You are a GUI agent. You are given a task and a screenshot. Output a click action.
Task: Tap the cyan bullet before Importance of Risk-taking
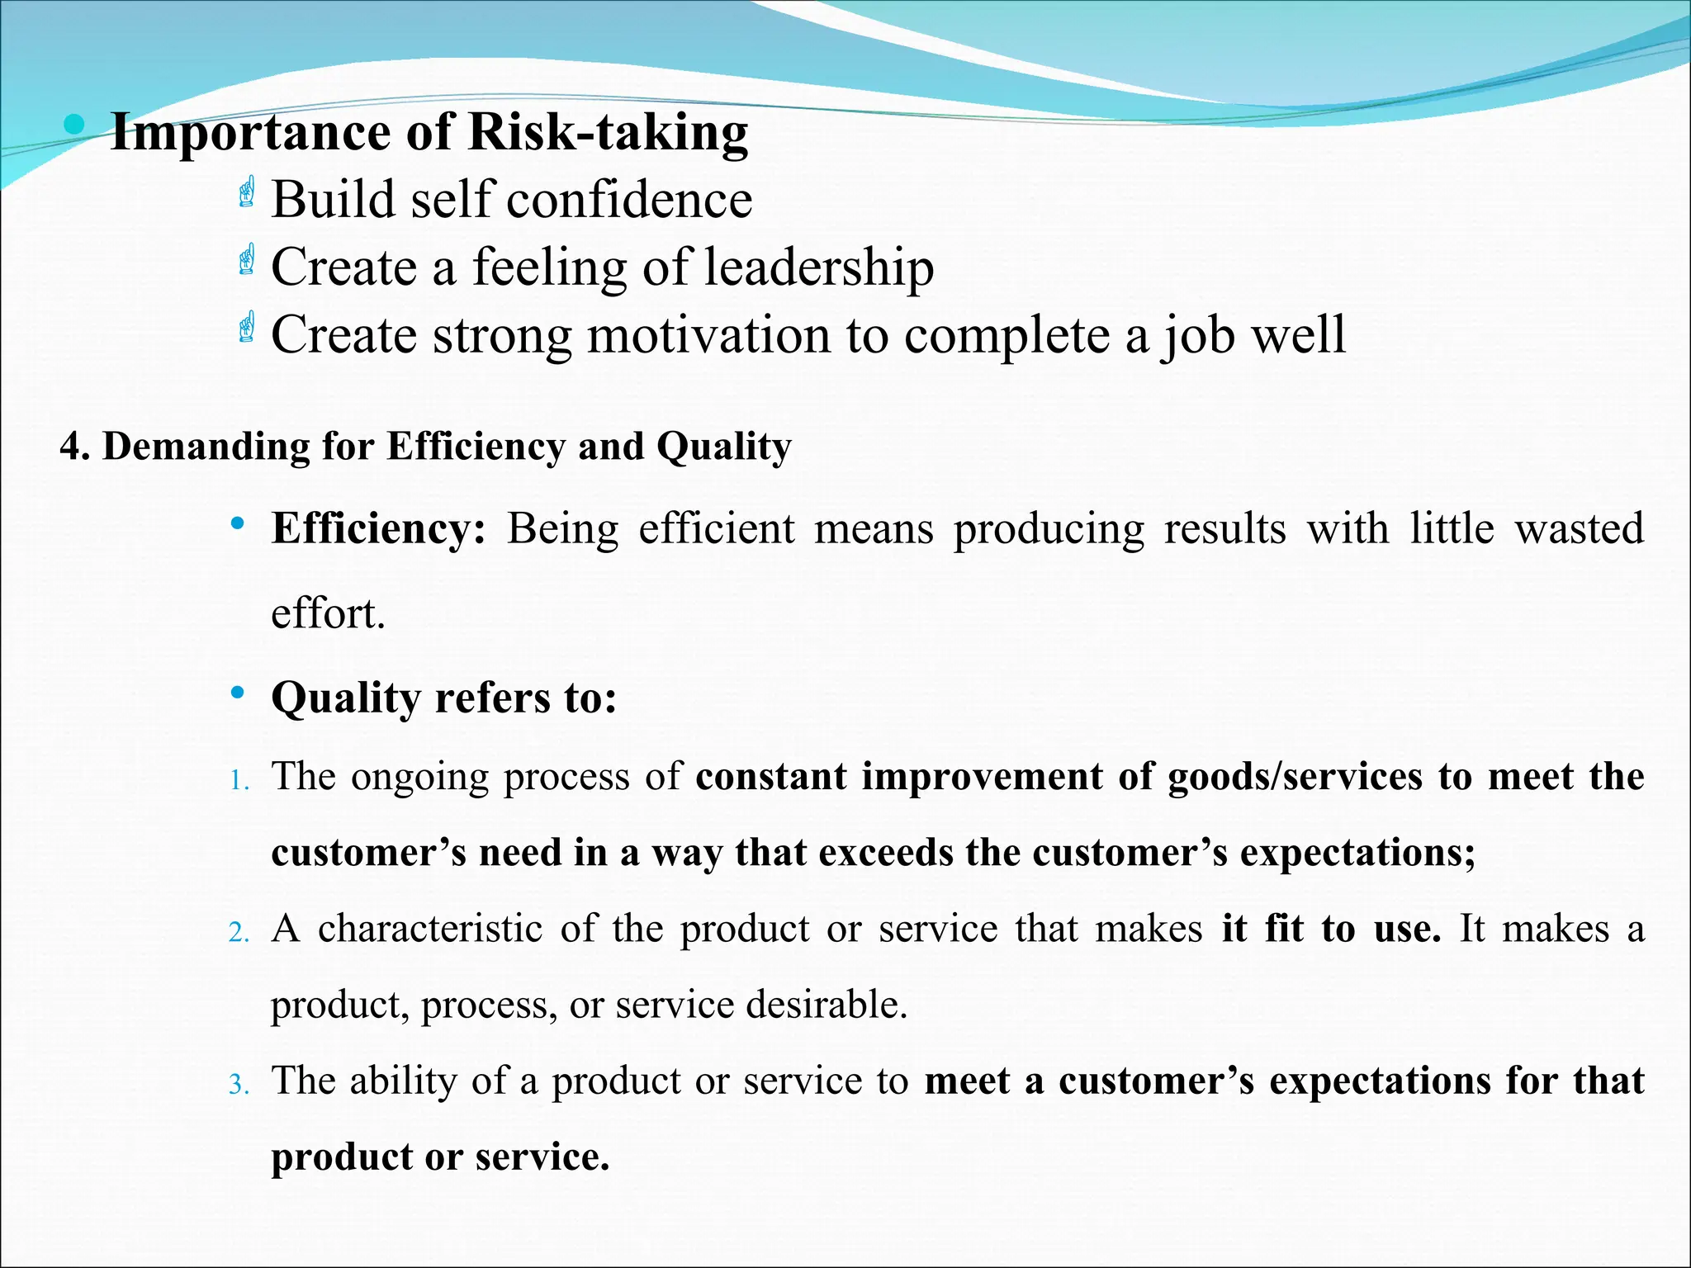74,125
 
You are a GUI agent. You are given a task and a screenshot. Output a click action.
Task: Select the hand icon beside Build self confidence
246,192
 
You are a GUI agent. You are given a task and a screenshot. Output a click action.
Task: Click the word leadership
819,267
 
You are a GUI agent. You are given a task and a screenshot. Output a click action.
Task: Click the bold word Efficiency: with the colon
379,528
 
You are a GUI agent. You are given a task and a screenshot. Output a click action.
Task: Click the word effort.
328,613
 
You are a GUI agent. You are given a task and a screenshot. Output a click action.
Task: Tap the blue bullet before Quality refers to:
238,693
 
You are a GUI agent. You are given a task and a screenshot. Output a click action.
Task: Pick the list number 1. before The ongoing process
239,780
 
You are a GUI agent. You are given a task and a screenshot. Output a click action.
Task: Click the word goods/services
1295,777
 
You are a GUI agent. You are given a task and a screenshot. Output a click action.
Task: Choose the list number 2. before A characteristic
239,932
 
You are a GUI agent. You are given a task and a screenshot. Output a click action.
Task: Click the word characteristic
430,929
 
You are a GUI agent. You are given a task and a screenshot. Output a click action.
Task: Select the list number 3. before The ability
239,1084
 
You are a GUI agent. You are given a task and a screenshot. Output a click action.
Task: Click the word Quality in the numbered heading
724,447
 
